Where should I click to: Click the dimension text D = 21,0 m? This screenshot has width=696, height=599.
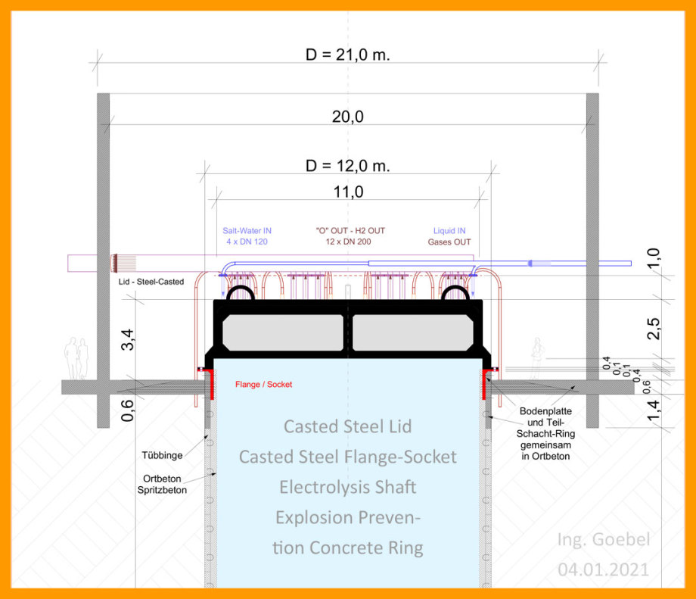click(x=347, y=55)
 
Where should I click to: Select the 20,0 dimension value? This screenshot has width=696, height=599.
click(x=347, y=117)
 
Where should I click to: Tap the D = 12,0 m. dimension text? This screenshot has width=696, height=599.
click(x=347, y=166)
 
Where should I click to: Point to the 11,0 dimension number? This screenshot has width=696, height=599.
click(x=349, y=192)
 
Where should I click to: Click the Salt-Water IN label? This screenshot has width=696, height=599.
click(x=247, y=231)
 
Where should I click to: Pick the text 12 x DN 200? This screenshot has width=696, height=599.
click(x=349, y=242)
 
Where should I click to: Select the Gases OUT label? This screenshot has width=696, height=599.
click(x=449, y=242)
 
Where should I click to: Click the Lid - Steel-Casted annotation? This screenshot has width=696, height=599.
click(x=151, y=282)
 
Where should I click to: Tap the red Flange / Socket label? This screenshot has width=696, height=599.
click(x=264, y=385)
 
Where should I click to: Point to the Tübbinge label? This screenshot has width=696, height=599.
click(x=162, y=455)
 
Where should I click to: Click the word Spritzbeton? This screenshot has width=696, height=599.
click(x=162, y=490)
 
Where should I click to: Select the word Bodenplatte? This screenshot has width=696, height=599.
click(x=545, y=411)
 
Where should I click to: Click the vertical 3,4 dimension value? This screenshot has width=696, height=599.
click(x=127, y=339)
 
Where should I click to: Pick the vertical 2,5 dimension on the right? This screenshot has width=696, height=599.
click(x=654, y=329)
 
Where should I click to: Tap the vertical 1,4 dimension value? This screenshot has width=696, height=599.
click(x=654, y=410)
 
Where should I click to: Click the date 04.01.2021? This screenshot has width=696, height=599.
click(x=603, y=569)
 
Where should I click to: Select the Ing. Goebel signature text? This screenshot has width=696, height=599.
click(x=604, y=539)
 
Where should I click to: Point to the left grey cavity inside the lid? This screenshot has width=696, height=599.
click(x=283, y=333)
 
